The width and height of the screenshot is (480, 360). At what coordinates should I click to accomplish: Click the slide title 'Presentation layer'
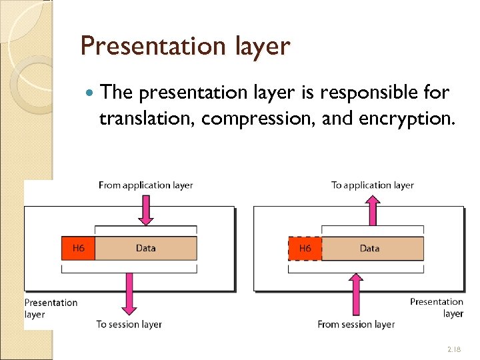coord(185,47)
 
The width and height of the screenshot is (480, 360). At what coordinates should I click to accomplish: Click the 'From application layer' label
coord(145,185)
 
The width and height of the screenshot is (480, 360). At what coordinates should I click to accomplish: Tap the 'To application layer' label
coord(372,185)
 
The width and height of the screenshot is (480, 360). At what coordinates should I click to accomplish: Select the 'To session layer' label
coord(129,324)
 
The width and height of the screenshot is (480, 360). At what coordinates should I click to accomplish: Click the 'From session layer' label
coord(356,324)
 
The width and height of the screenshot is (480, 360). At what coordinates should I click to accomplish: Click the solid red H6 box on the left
coord(78,248)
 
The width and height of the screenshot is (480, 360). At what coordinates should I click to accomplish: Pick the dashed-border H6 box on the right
coord(305,248)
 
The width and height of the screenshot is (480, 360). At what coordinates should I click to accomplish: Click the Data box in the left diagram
coord(146,248)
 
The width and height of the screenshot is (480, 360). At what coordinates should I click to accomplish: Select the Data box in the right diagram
coord(372,248)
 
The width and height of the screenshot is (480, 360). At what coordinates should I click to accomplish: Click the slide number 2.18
coord(454,349)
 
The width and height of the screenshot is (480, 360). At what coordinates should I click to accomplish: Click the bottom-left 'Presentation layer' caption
coord(51,308)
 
